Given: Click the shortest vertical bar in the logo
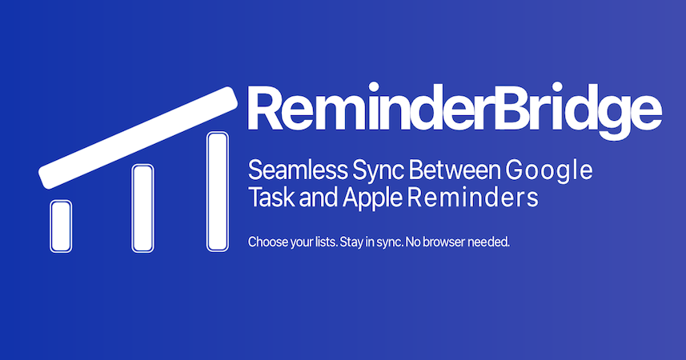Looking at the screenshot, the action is coord(61,226).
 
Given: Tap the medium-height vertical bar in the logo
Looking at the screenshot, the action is coord(142,208).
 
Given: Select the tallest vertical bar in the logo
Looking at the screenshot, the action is coord(218,191).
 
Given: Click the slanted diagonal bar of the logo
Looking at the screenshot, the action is coord(138,138).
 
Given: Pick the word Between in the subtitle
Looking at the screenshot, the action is coord(455,170).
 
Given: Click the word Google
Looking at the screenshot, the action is coord(549,171).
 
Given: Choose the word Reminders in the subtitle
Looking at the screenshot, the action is coord(472,198).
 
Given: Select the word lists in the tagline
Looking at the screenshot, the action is coord(326,242).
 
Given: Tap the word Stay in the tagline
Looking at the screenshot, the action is coord(351,242).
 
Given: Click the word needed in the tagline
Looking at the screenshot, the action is coord(489,242).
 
